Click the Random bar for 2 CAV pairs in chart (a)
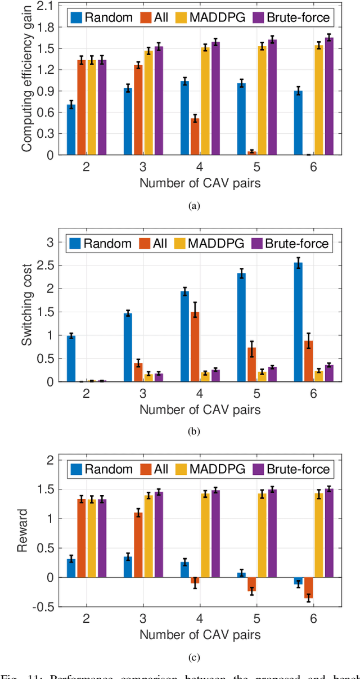[x=71, y=129]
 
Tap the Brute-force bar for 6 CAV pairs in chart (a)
[x=329, y=96]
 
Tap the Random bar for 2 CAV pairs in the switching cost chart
[x=71, y=358]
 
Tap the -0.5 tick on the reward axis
[x=47, y=606]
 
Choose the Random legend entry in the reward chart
[x=101, y=468]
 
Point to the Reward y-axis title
[x=26, y=532]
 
